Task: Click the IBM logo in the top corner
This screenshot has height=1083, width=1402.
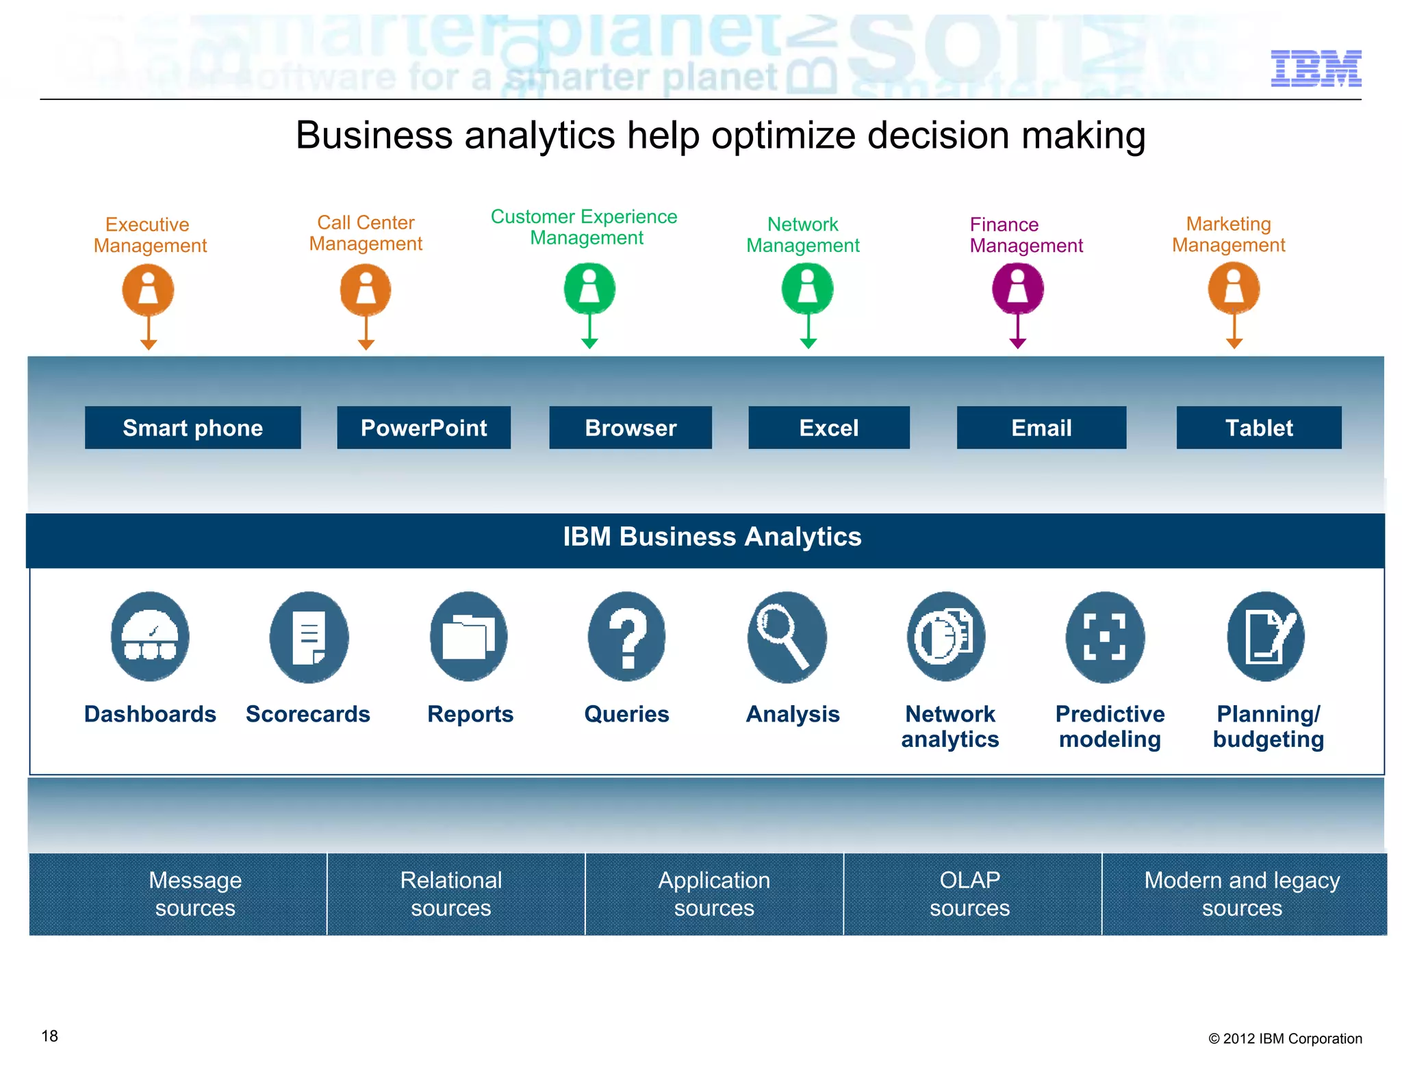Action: click(x=1315, y=68)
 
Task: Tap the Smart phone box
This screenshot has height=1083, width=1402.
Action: click(x=192, y=428)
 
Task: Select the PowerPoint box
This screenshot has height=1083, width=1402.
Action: click(x=423, y=428)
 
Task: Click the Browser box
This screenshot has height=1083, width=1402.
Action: click(x=630, y=428)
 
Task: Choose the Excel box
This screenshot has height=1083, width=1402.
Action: click(x=828, y=428)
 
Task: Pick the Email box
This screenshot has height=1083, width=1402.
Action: click(x=1041, y=428)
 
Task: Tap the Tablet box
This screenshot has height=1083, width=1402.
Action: click(x=1258, y=428)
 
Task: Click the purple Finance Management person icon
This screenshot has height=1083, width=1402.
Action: click(x=1017, y=288)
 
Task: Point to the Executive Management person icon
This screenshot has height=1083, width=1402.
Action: click(x=148, y=290)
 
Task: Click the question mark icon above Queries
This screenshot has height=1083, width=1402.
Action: click(x=626, y=637)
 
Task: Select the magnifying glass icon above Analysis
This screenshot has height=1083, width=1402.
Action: click(x=786, y=637)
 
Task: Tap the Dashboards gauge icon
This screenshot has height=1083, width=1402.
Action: click(x=150, y=637)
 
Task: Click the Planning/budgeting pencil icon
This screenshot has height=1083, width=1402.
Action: click(x=1265, y=637)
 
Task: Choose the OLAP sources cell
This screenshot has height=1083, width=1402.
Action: click(x=969, y=893)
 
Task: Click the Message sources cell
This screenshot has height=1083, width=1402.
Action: click(x=195, y=893)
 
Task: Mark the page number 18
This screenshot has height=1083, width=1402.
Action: click(x=50, y=1036)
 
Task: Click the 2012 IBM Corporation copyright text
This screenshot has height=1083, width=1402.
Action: click(x=1284, y=1039)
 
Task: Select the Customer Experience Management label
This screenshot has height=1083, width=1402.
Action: click(x=584, y=227)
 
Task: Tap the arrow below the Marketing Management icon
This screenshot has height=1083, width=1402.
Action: click(x=1234, y=333)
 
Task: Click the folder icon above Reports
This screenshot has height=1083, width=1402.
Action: click(x=468, y=637)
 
